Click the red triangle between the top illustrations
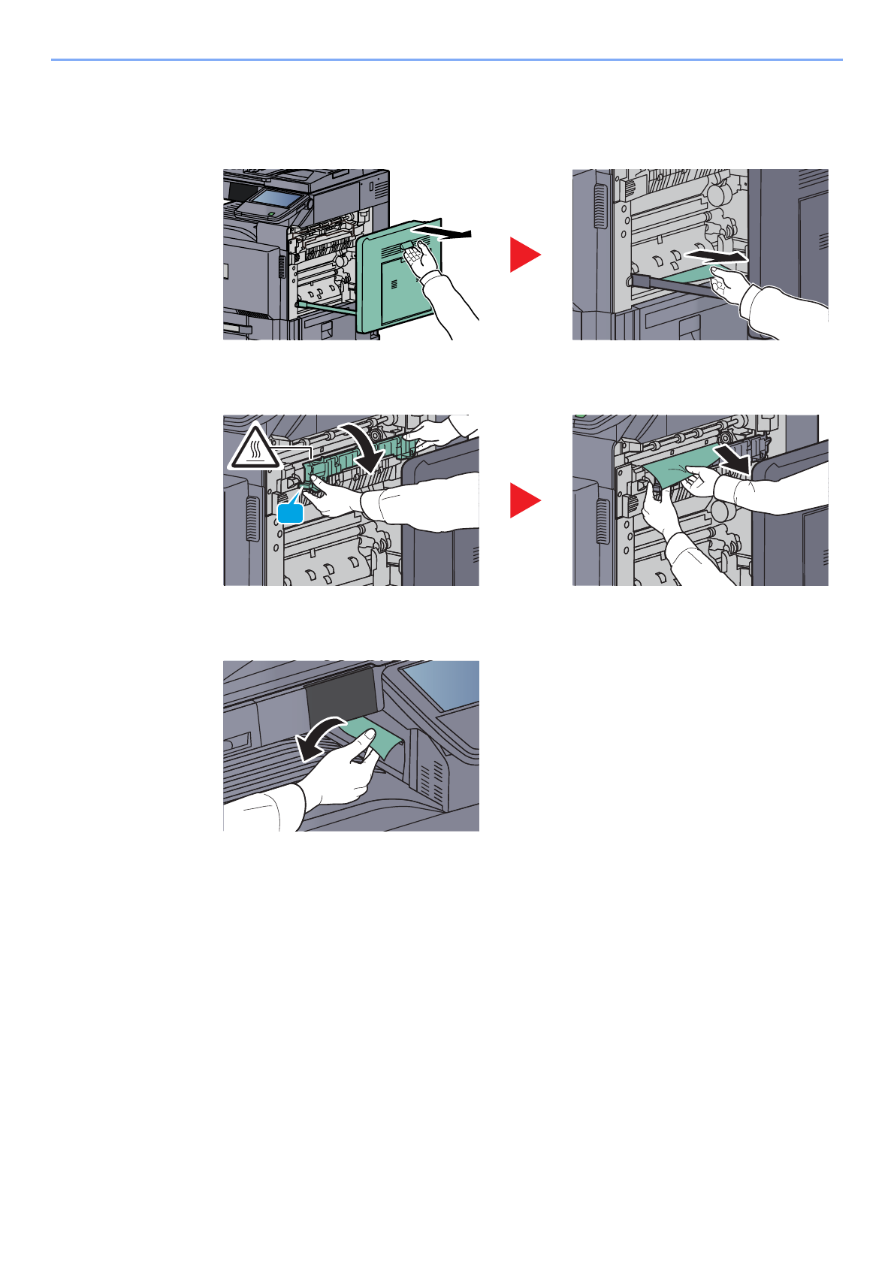pyautogui.click(x=524, y=254)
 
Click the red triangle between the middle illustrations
pyautogui.click(x=524, y=500)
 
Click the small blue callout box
pyautogui.click(x=290, y=513)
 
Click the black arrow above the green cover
pyautogui.click(x=443, y=231)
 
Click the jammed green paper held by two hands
pyautogui.click(x=676, y=472)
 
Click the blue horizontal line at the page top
pyautogui.click(x=446, y=59)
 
